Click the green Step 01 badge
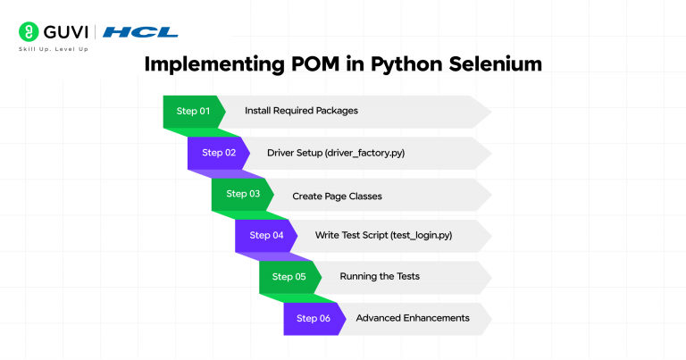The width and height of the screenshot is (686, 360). click(x=192, y=112)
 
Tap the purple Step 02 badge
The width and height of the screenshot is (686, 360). click(x=218, y=153)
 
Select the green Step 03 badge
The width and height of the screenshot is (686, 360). click(x=242, y=194)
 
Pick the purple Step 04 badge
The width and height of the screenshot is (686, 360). click(x=266, y=236)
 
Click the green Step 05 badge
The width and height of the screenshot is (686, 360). click(x=289, y=277)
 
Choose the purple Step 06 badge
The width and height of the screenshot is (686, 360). click(x=314, y=318)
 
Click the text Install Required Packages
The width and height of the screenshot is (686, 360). click(x=301, y=112)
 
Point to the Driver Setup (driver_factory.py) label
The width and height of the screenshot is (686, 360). click(x=336, y=153)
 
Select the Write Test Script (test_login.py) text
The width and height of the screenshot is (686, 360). click(x=384, y=236)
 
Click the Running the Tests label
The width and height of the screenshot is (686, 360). click(x=380, y=277)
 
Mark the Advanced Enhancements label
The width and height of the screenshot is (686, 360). click(x=412, y=318)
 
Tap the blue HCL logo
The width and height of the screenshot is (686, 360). click(x=141, y=32)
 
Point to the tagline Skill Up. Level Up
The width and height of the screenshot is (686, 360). click(x=53, y=49)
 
